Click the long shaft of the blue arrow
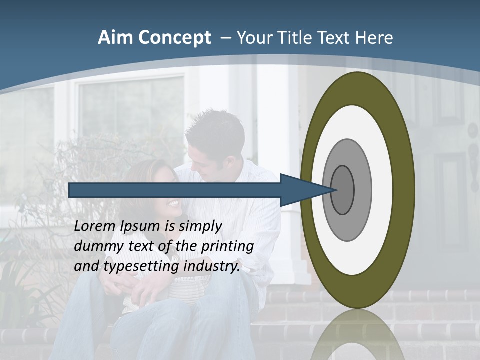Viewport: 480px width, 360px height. coord(175,190)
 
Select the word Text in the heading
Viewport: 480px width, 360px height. coord(337,38)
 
